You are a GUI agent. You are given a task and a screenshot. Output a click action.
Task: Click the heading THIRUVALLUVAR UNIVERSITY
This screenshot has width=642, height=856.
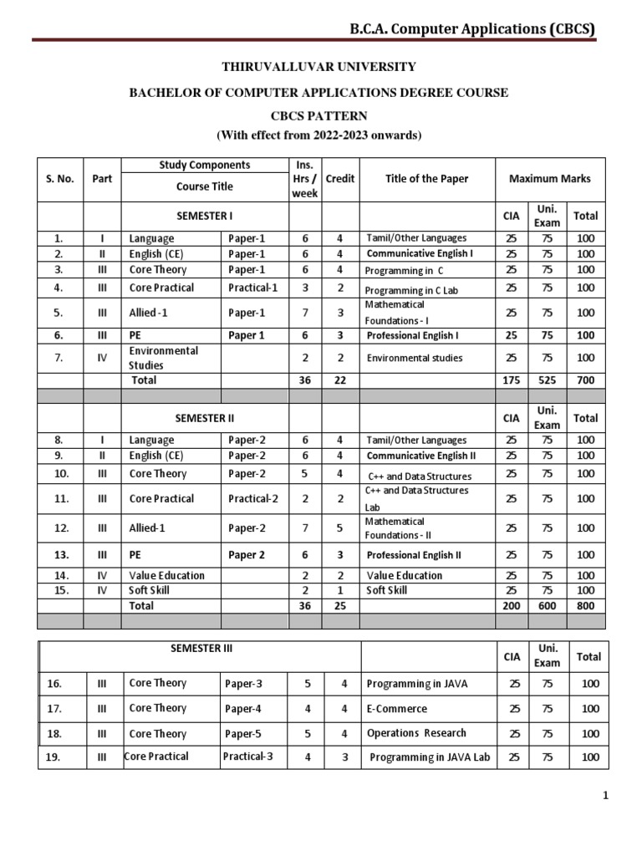[x=318, y=67]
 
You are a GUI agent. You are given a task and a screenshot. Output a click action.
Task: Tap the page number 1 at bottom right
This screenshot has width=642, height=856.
[x=606, y=797]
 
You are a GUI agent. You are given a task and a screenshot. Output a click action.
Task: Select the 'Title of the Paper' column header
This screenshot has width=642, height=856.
[x=426, y=178]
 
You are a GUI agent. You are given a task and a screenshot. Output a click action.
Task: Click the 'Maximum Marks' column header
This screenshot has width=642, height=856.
[x=549, y=178]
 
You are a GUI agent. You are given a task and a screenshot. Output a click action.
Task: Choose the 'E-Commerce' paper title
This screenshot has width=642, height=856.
[x=397, y=709]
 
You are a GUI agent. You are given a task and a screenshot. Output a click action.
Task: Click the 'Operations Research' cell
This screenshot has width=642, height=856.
[x=416, y=733]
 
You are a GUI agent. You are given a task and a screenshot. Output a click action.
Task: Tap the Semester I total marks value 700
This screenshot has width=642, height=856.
[x=585, y=380]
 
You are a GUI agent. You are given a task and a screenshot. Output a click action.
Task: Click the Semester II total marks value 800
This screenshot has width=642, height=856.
[x=585, y=605]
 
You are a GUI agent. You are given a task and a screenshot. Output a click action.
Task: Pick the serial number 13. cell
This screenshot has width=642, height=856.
[x=59, y=555]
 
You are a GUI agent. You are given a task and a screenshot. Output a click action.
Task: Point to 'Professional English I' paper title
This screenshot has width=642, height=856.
[x=412, y=335]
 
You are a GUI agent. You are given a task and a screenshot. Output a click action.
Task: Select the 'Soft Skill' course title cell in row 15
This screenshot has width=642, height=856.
[x=151, y=590]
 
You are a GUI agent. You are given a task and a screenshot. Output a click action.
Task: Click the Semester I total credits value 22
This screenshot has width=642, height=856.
[x=339, y=380]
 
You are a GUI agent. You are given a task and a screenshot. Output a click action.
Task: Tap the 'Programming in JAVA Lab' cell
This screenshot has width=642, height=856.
[x=431, y=757]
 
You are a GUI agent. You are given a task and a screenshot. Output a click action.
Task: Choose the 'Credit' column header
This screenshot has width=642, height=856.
[x=339, y=178]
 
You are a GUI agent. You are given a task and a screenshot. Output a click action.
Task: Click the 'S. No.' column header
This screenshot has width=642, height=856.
[x=59, y=178]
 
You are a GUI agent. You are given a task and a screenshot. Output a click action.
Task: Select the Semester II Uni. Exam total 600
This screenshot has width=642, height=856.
[x=547, y=605]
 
